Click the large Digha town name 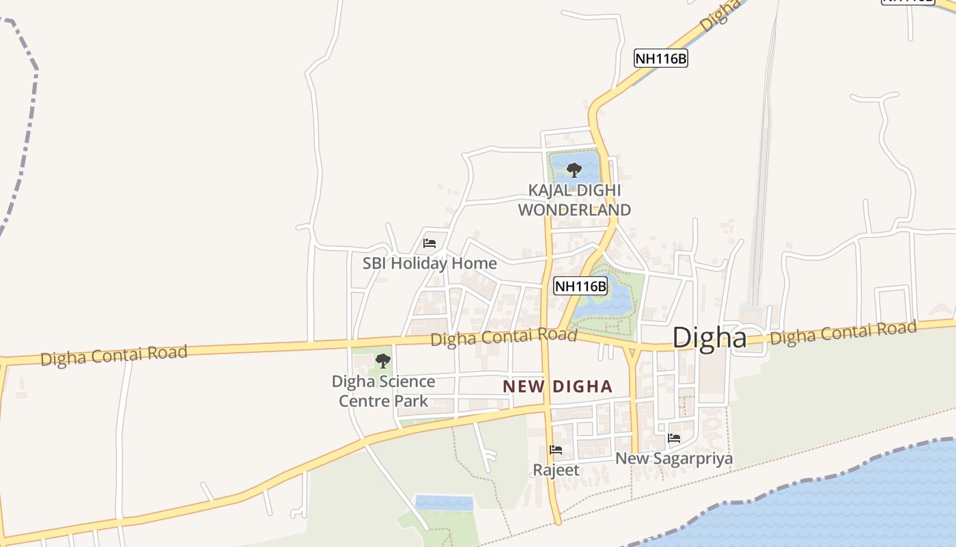[x=709, y=338]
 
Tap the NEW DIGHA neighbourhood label [x=557, y=386]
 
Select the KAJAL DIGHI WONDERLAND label [x=574, y=200]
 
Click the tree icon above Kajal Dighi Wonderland [x=574, y=169]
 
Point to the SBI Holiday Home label [x=430, y=263]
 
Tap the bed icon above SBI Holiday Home [x=430, y=243]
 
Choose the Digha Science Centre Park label [x=383, y=391]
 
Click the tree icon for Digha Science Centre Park [x=383, y=360]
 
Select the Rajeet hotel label [x=556, y=470]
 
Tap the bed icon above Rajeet [x=556, y=450]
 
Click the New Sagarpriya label [x=674, y=458]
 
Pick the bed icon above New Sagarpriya [x=674, y=438]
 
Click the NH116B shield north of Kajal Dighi [x=660, y=58]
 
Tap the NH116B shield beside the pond [x=580, y=286]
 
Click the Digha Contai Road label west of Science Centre [x=113, y=356]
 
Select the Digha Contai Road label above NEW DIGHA [x=504, y=337]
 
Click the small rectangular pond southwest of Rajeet [x=444, y=503]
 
